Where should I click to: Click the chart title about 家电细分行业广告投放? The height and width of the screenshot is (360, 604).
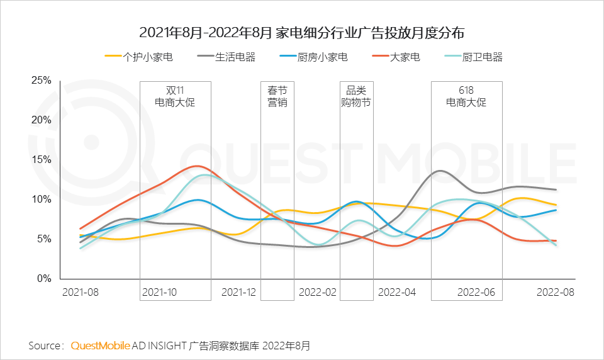(x=301, y=32)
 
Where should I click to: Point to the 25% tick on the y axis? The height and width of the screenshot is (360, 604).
(x=41, y=81)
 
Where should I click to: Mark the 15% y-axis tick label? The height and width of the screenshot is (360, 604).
(x=41, y=160)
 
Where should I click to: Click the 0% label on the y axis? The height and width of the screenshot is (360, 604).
(x=43, y=278)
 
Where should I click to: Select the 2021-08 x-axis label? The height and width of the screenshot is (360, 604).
(x=81, y=293)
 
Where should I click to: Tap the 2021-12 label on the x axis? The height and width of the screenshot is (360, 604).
(x=239, y=293)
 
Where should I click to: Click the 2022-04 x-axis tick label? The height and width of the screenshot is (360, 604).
(x=396, y=293)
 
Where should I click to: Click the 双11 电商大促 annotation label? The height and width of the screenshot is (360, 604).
(x=175, y=96)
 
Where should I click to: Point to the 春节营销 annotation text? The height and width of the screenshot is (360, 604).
(x=277, y=96)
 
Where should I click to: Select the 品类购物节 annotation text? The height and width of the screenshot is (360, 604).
(x=356, y=96)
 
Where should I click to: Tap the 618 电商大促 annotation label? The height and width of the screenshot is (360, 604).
(x=466, y=96)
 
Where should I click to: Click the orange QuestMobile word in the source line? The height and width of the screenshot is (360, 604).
(x=101, y=346)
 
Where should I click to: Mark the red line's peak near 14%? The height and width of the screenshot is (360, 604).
(x=198, y=166)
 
